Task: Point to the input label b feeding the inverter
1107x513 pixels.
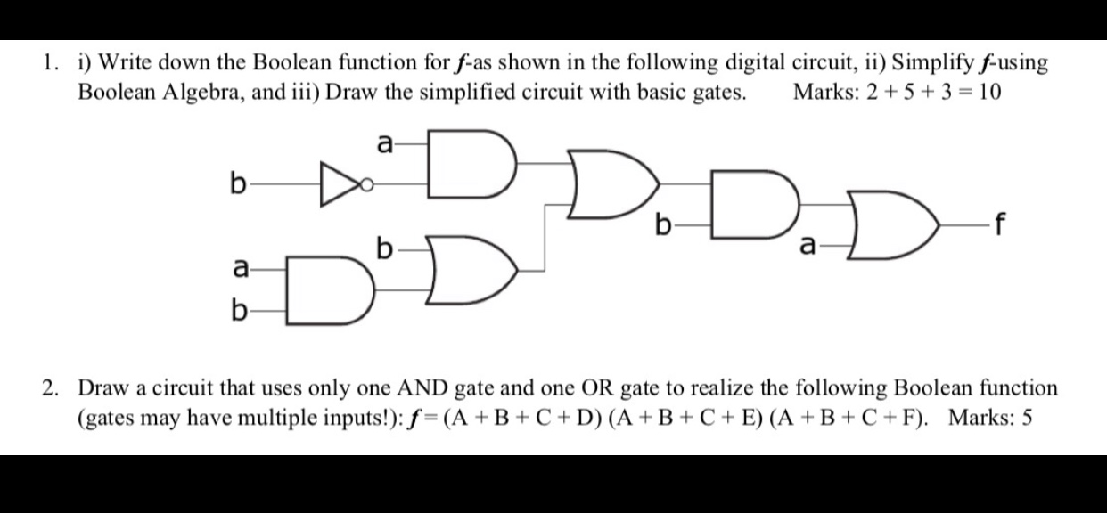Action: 236,186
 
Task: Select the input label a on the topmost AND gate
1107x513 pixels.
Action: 384,142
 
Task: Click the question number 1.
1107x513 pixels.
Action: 50,63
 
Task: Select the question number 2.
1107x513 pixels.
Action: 51,388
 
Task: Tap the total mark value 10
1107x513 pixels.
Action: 988,92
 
